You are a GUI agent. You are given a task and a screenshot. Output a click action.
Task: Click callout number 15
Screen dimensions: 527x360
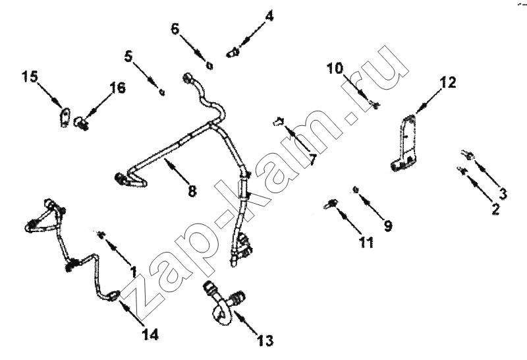click(30, 76)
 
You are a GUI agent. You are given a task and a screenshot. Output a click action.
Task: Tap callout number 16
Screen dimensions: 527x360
click(117, 88)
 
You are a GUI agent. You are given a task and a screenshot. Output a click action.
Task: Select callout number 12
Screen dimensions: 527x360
click(448, 82)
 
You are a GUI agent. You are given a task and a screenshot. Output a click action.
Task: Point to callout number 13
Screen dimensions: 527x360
click(265, 341)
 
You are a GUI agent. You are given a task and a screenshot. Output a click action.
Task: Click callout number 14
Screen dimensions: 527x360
click(150, 334)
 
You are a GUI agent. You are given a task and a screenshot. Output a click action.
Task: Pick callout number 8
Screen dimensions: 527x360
click(192, 191)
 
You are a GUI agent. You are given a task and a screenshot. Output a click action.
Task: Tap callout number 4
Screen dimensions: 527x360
click(269, 16)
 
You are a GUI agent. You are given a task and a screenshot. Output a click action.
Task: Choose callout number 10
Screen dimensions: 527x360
click(335, 69)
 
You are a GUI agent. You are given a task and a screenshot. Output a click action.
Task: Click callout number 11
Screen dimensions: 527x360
click(366, 242)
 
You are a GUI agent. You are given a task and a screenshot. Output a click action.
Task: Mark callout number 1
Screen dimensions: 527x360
click(134, 272)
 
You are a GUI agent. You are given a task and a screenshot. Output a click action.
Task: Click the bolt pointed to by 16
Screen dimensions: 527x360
click(81, 123)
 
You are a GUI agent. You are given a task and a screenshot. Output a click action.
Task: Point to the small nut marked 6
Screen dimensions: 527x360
click(209, 66)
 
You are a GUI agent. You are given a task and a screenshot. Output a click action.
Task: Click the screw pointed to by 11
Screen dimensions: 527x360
click(331, 204)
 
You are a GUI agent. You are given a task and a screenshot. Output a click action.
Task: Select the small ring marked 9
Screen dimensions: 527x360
click(354, 190)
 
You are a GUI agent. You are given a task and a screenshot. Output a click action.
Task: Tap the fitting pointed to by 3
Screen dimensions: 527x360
click(468, 155)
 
